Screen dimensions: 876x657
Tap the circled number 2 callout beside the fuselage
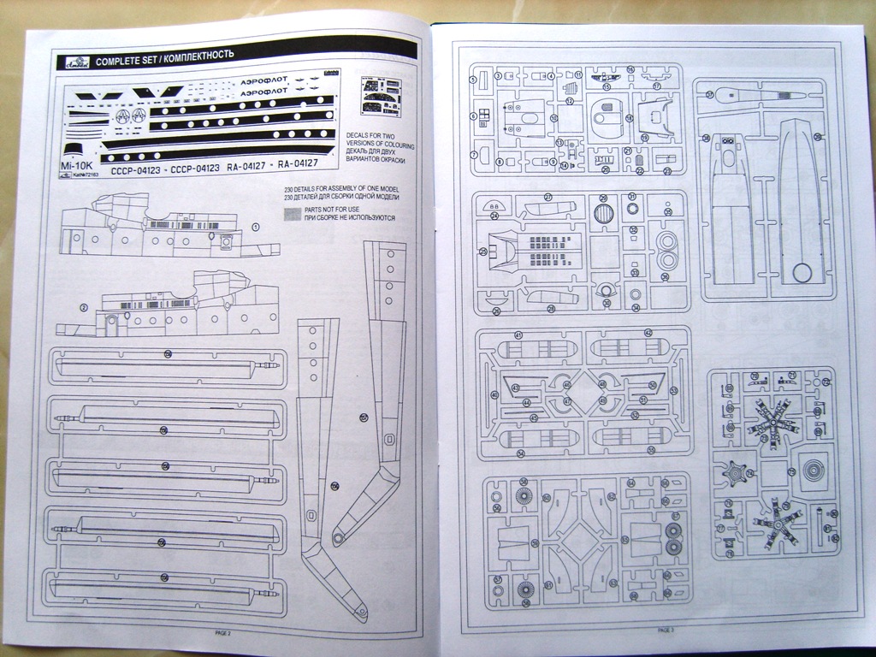[84, 307]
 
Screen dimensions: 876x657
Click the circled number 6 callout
[473, 115]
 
